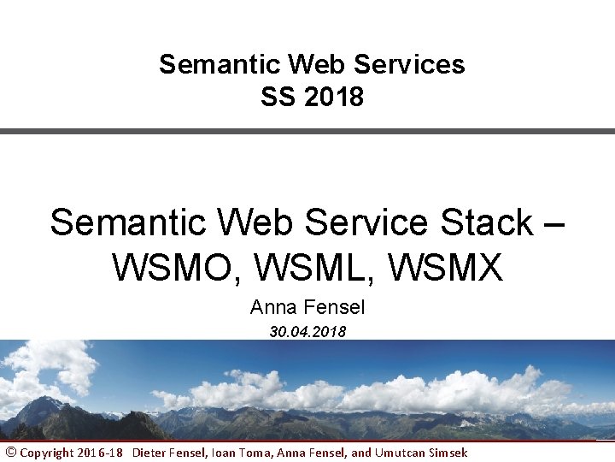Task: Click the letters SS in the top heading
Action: point(277,98)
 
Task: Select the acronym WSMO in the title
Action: point(177,268)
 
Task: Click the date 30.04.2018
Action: point(307,332)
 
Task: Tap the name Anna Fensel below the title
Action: point(307,307)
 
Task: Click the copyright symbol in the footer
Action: point(10,452)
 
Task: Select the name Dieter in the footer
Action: point(150,453)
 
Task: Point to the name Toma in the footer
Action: point(254,453)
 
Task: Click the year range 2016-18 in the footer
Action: point(99,453)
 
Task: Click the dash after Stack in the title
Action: point(553,224)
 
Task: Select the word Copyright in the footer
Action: point(46,453)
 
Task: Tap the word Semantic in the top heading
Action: point(220,65)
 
